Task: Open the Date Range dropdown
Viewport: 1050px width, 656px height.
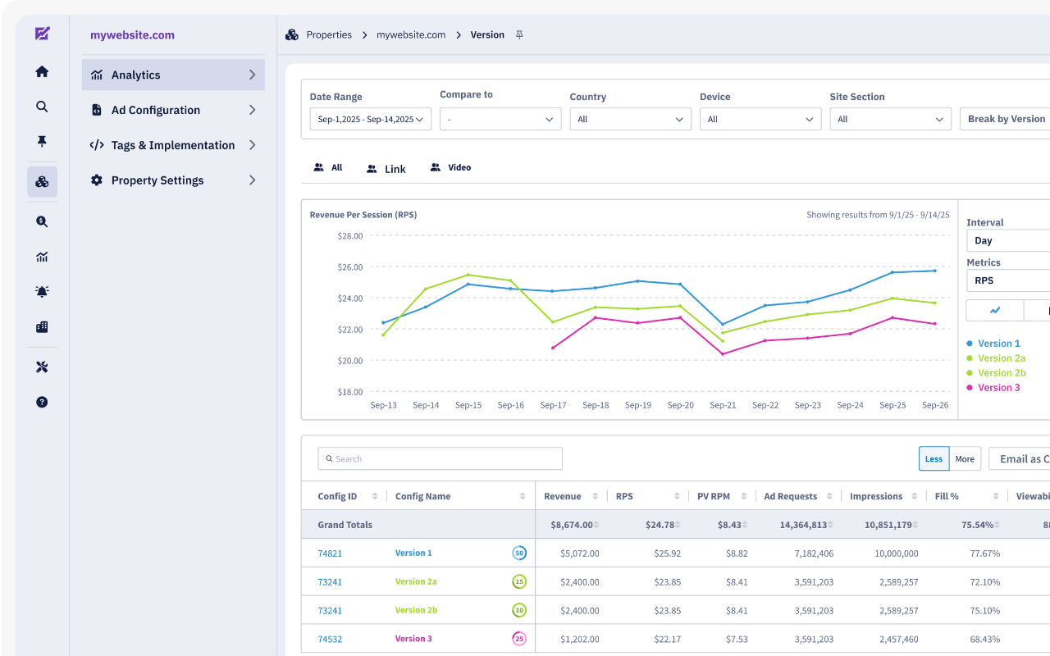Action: point(370,119)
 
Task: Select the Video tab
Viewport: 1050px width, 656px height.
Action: point(450,167)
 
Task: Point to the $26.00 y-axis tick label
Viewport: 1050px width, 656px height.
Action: point(350,267)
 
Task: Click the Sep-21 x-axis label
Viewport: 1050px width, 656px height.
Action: point(723,405)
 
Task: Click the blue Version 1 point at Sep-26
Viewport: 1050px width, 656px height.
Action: point(935,271)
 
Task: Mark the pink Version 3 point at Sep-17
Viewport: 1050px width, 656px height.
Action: point(553,348)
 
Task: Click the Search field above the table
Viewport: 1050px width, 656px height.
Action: point(441,458)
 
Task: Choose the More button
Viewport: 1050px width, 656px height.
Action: point(965,458)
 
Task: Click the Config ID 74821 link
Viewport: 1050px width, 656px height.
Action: point(330,553)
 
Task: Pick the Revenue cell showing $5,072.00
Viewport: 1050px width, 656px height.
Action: point(579,553)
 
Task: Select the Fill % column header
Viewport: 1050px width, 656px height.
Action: point(947,496)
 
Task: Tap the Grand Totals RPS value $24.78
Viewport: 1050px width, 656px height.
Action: point(660,525)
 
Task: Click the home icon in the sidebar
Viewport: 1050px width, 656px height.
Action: point(42,71)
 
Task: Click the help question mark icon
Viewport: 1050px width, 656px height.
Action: point(42,402)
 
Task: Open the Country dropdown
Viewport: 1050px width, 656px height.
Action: point(631,119)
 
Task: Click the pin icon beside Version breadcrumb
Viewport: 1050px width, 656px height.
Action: point(519,34)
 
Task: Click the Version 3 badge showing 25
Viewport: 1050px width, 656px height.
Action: point(519,639)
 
